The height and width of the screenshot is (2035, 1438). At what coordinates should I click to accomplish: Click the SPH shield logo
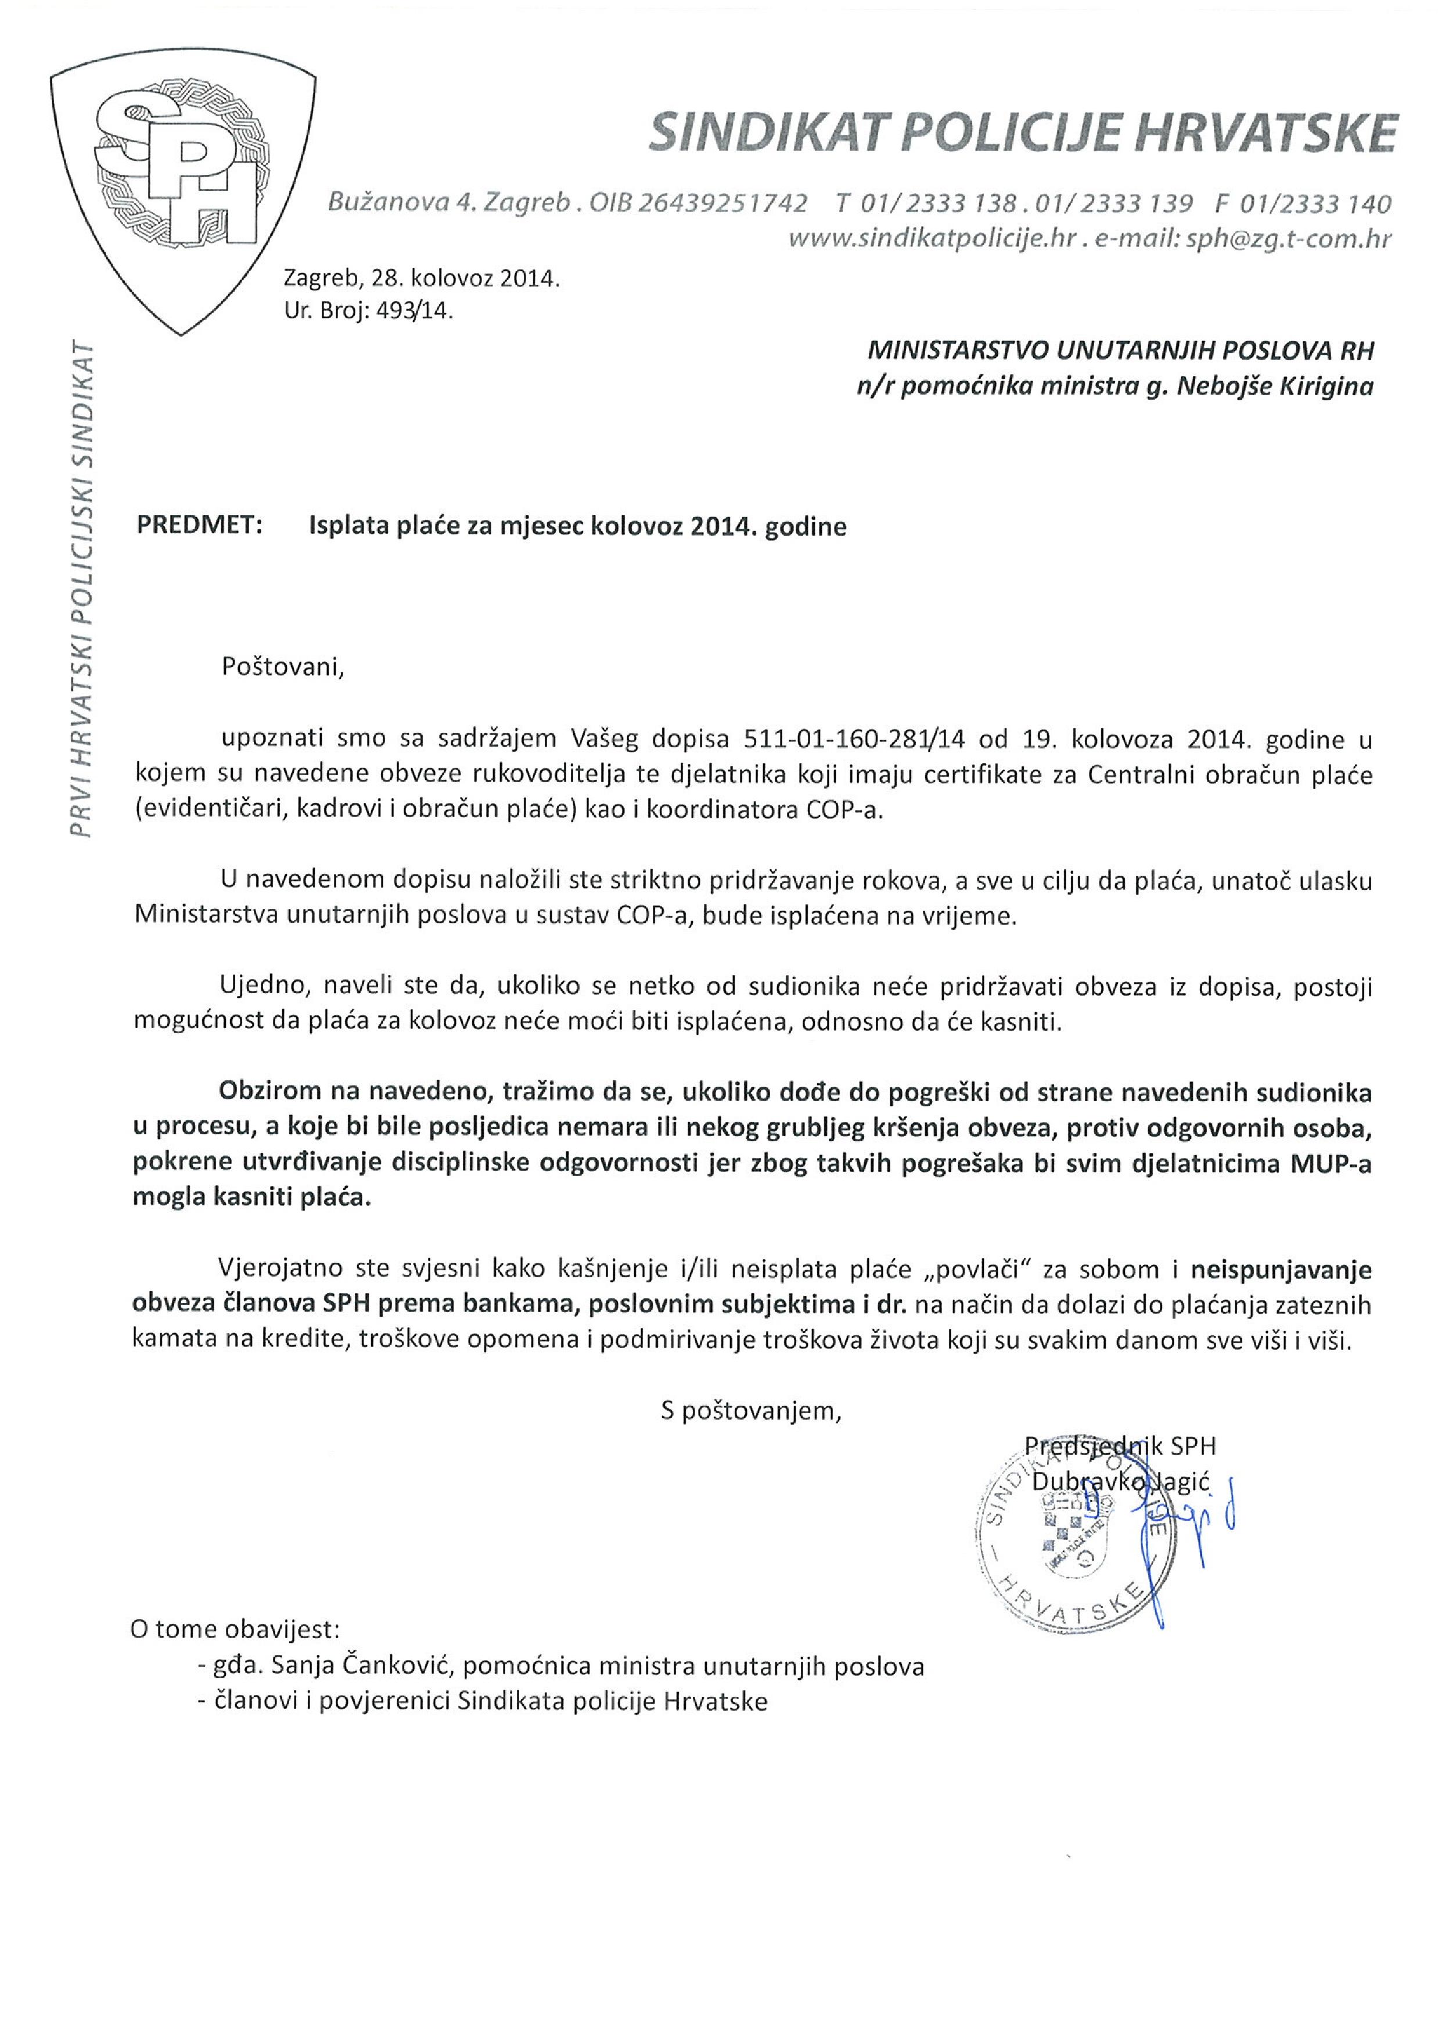point(182,186)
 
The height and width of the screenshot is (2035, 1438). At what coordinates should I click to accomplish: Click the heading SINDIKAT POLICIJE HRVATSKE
point(1023,134)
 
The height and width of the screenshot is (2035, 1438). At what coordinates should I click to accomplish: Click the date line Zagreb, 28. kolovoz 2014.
point(422,278)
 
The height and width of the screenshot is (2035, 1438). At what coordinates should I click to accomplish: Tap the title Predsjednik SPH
point(1120,1446)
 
